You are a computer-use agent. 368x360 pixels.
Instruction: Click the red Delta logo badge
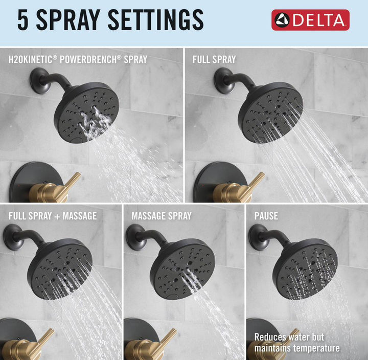point(310,20)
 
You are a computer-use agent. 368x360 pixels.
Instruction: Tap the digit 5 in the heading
point(23,20)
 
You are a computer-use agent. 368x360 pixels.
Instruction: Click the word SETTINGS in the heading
point(155,20)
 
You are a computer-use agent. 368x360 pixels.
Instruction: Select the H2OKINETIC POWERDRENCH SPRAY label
point(78,59)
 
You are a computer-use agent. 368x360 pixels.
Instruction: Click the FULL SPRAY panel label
point(214,59)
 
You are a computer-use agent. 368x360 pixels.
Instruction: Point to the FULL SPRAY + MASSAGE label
point(53,216)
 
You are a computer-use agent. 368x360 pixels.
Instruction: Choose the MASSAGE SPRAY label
point(162,216)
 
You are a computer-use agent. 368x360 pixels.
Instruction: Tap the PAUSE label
point(266,216)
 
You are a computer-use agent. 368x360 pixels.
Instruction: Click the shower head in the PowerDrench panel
point(86,112)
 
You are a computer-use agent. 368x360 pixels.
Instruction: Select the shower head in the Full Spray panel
point(270,112)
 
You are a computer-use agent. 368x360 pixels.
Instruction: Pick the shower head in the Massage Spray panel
point(182,269)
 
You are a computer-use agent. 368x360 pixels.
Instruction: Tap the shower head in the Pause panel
point(305,269)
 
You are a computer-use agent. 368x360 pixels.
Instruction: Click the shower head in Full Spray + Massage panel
point(60,269)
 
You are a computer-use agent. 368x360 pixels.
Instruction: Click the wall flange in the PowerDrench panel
point(39,81)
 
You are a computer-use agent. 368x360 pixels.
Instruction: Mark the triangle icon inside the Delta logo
point(282,20)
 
